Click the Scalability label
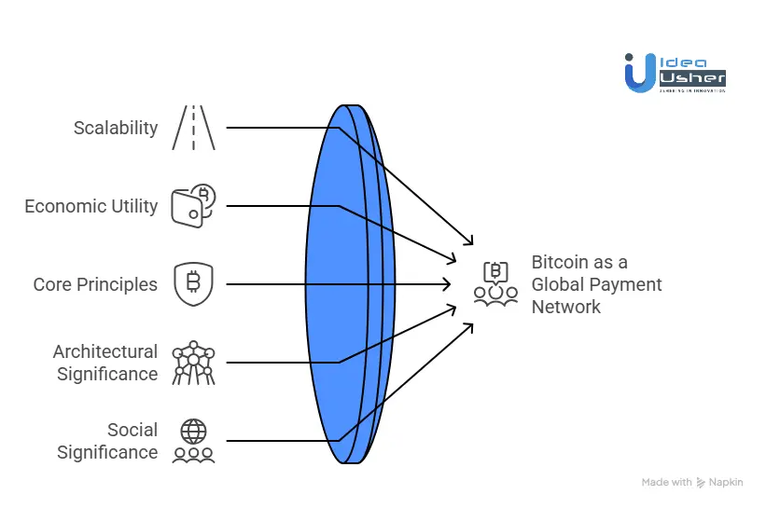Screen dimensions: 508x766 point(116,128)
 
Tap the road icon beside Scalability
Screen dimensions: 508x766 point(193,128)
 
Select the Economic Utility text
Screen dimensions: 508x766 point(91,206)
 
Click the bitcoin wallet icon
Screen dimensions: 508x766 point(193,206)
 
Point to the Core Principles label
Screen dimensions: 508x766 point(95,284)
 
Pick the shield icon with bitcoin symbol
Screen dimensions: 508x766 point(193,284)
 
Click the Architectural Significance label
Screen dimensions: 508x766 point(105,363)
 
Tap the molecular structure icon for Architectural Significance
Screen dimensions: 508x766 point(194,363)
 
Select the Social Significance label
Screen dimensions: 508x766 point(107,441)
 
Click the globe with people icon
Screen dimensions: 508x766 point(193,441)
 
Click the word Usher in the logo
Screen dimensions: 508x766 point(692,76)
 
